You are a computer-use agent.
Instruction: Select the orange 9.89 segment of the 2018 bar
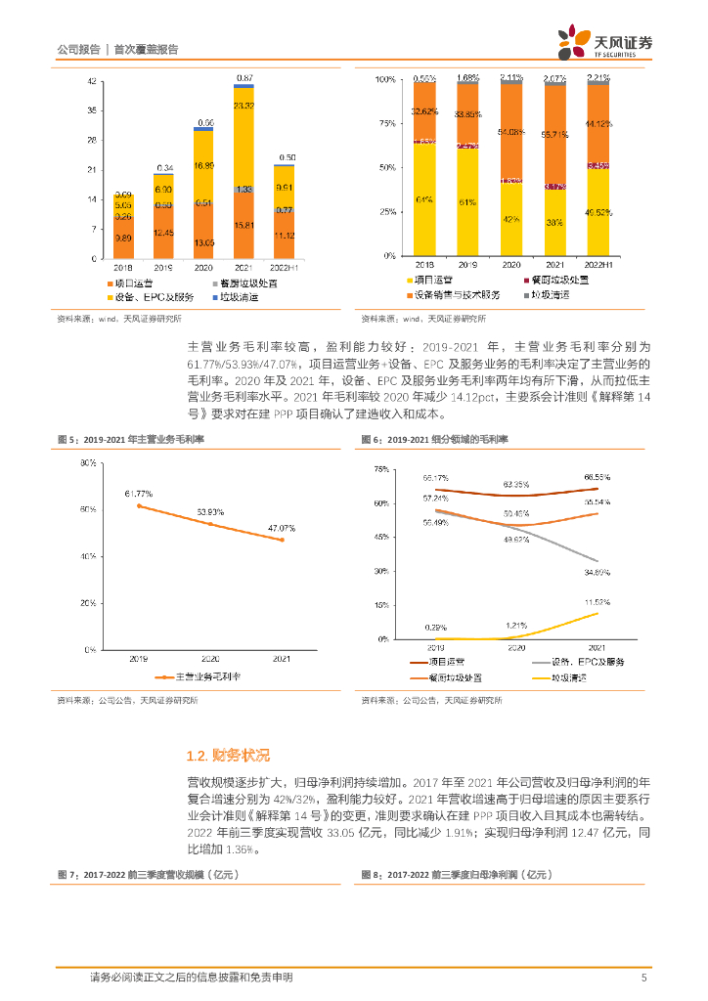[x=123, y=239]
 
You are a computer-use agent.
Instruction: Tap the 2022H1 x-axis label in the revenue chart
[x=287, y=266]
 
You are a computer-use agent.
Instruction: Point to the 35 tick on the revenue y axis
[x=91, y=110]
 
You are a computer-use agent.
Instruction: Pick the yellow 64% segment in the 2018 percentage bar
[x=423, y=200]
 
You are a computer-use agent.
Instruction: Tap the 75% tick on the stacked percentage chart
[x=386, y=123]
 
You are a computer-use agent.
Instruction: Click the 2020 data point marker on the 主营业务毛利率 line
[x=209, y=524]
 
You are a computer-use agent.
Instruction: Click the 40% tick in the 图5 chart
[x=87, y=556]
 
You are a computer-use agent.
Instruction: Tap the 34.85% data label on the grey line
[x=597, y=572]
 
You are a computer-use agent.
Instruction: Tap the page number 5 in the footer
[x=643, y=978]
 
